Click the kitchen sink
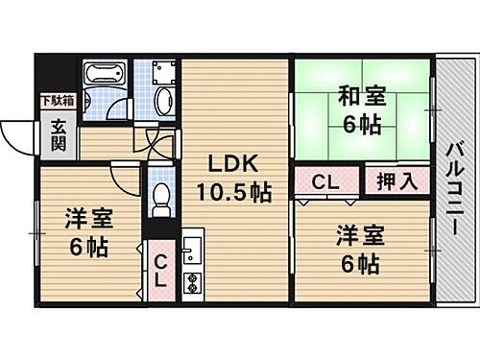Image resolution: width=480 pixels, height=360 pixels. [190, 251]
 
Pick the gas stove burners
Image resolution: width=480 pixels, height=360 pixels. [190, 282]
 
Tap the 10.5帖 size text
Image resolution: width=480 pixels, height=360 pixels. [233, 192]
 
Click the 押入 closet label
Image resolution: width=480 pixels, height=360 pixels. [395, 180]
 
